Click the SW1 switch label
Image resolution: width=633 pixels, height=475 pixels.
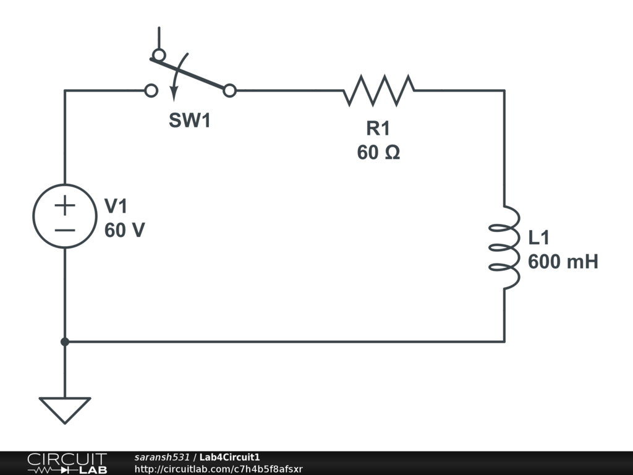(x=190, y=121)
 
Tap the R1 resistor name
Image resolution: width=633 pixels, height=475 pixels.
(x=378, y=129)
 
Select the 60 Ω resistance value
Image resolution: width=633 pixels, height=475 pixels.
(x=378, y=152)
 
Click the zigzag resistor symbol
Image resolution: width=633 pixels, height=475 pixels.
(x=379, y=90)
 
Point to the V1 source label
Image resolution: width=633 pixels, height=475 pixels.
(x=116, y=206)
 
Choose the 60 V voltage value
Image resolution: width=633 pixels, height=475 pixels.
(x=124, y=230)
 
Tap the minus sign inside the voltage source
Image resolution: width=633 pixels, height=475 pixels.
(x=64, y=230)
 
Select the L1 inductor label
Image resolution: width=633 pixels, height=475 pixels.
(x=539, y=238)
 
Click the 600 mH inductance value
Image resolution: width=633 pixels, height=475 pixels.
(x=563, y=262)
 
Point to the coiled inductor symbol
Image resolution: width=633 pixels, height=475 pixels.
(x=504, y=247)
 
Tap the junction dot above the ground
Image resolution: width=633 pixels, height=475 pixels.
(x=64, y=341)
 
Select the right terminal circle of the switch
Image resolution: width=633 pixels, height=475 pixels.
(x=229, y=91)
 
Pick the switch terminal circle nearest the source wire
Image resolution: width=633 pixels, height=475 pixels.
(x=150, y=91)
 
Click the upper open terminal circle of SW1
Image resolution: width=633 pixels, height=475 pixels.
(x=159, y=55)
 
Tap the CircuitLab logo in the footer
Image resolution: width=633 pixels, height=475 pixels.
(x=66, y=463)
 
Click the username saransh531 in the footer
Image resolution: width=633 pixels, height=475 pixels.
(x=162, y=457)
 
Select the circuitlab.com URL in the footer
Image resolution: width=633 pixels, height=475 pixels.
(x=218, y=469)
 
